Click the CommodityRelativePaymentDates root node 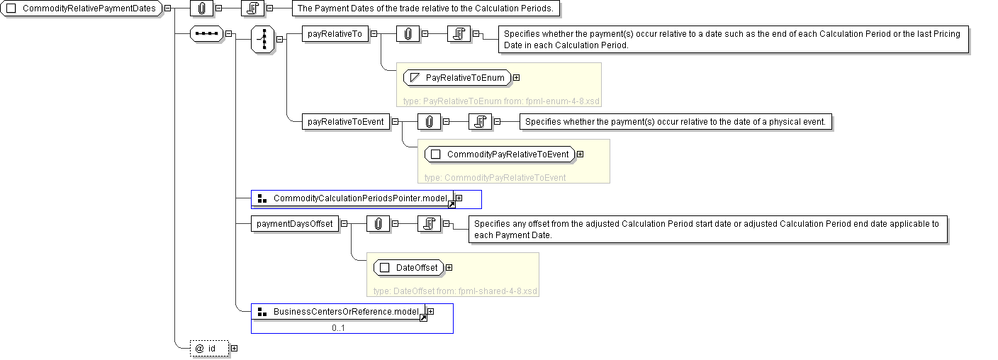82,8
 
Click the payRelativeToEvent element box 345,122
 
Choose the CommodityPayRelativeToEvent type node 499,154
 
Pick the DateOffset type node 408,267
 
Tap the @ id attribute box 209,348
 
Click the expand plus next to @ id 234,348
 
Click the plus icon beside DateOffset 449,267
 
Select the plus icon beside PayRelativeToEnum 516,77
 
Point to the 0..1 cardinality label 338,328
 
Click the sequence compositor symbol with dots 207,34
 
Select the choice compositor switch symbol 264,39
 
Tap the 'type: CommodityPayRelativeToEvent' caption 495,177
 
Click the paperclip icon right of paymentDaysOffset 379,225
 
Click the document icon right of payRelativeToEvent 480,122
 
